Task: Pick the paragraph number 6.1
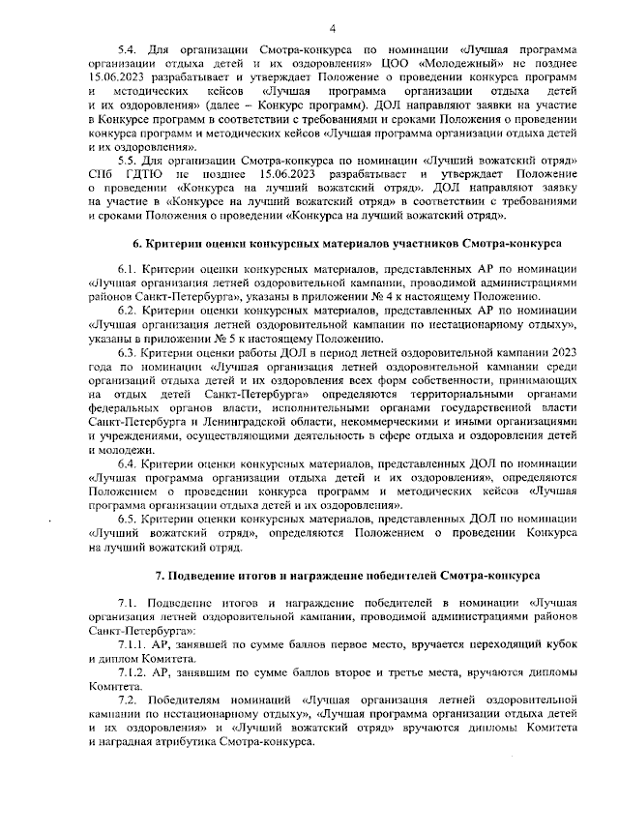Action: tap(126, 266)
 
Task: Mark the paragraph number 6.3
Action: tap(126, 355)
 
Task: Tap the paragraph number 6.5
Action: tap(126, 519)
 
